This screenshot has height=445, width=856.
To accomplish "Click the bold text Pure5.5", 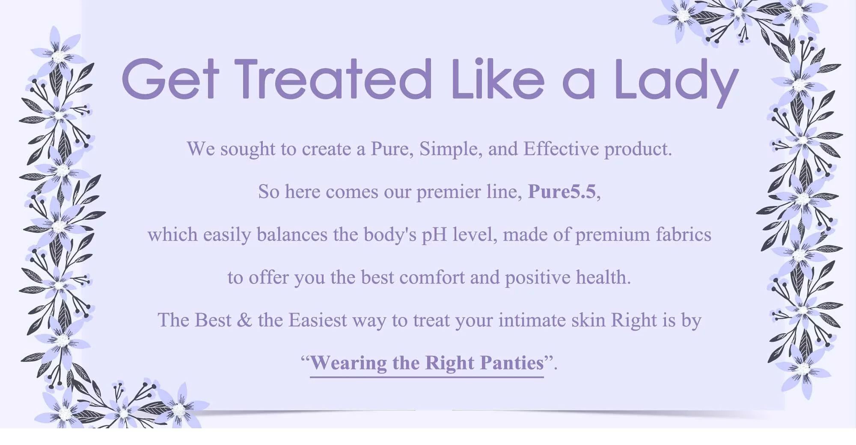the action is [562, 191].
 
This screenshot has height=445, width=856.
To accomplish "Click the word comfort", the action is [432, 277].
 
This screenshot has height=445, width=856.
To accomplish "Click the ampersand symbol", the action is [244, 320].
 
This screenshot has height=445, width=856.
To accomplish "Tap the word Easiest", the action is [318, 320].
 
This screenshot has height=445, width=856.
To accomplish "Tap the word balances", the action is [292, 234].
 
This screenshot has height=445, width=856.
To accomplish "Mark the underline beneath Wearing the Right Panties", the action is [427, 377].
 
